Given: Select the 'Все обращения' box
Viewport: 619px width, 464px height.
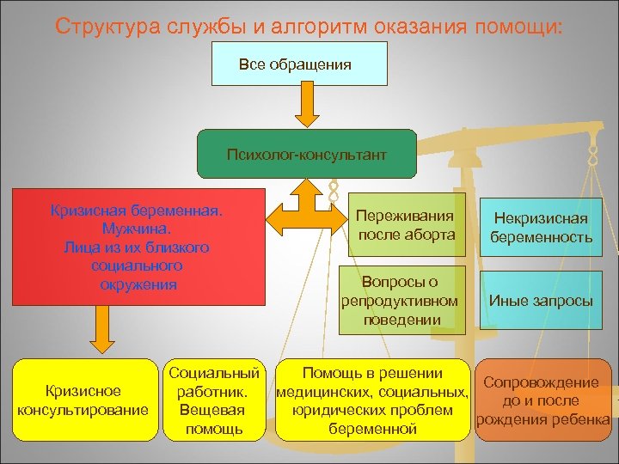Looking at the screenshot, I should coord(294,64).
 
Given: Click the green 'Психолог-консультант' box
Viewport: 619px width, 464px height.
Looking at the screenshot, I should coord(306,155).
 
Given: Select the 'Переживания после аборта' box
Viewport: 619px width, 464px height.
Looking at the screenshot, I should coord(408,225).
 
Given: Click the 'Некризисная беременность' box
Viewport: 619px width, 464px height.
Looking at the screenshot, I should coord(541,228).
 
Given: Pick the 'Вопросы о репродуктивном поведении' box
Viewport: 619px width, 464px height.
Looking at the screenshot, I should coord(400,300).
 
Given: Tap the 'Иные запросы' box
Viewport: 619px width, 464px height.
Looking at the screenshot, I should coord(541,300).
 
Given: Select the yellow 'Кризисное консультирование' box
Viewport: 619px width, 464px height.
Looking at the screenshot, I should coord(83,400).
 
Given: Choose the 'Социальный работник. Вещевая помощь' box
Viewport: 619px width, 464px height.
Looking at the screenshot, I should coord(214,400).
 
